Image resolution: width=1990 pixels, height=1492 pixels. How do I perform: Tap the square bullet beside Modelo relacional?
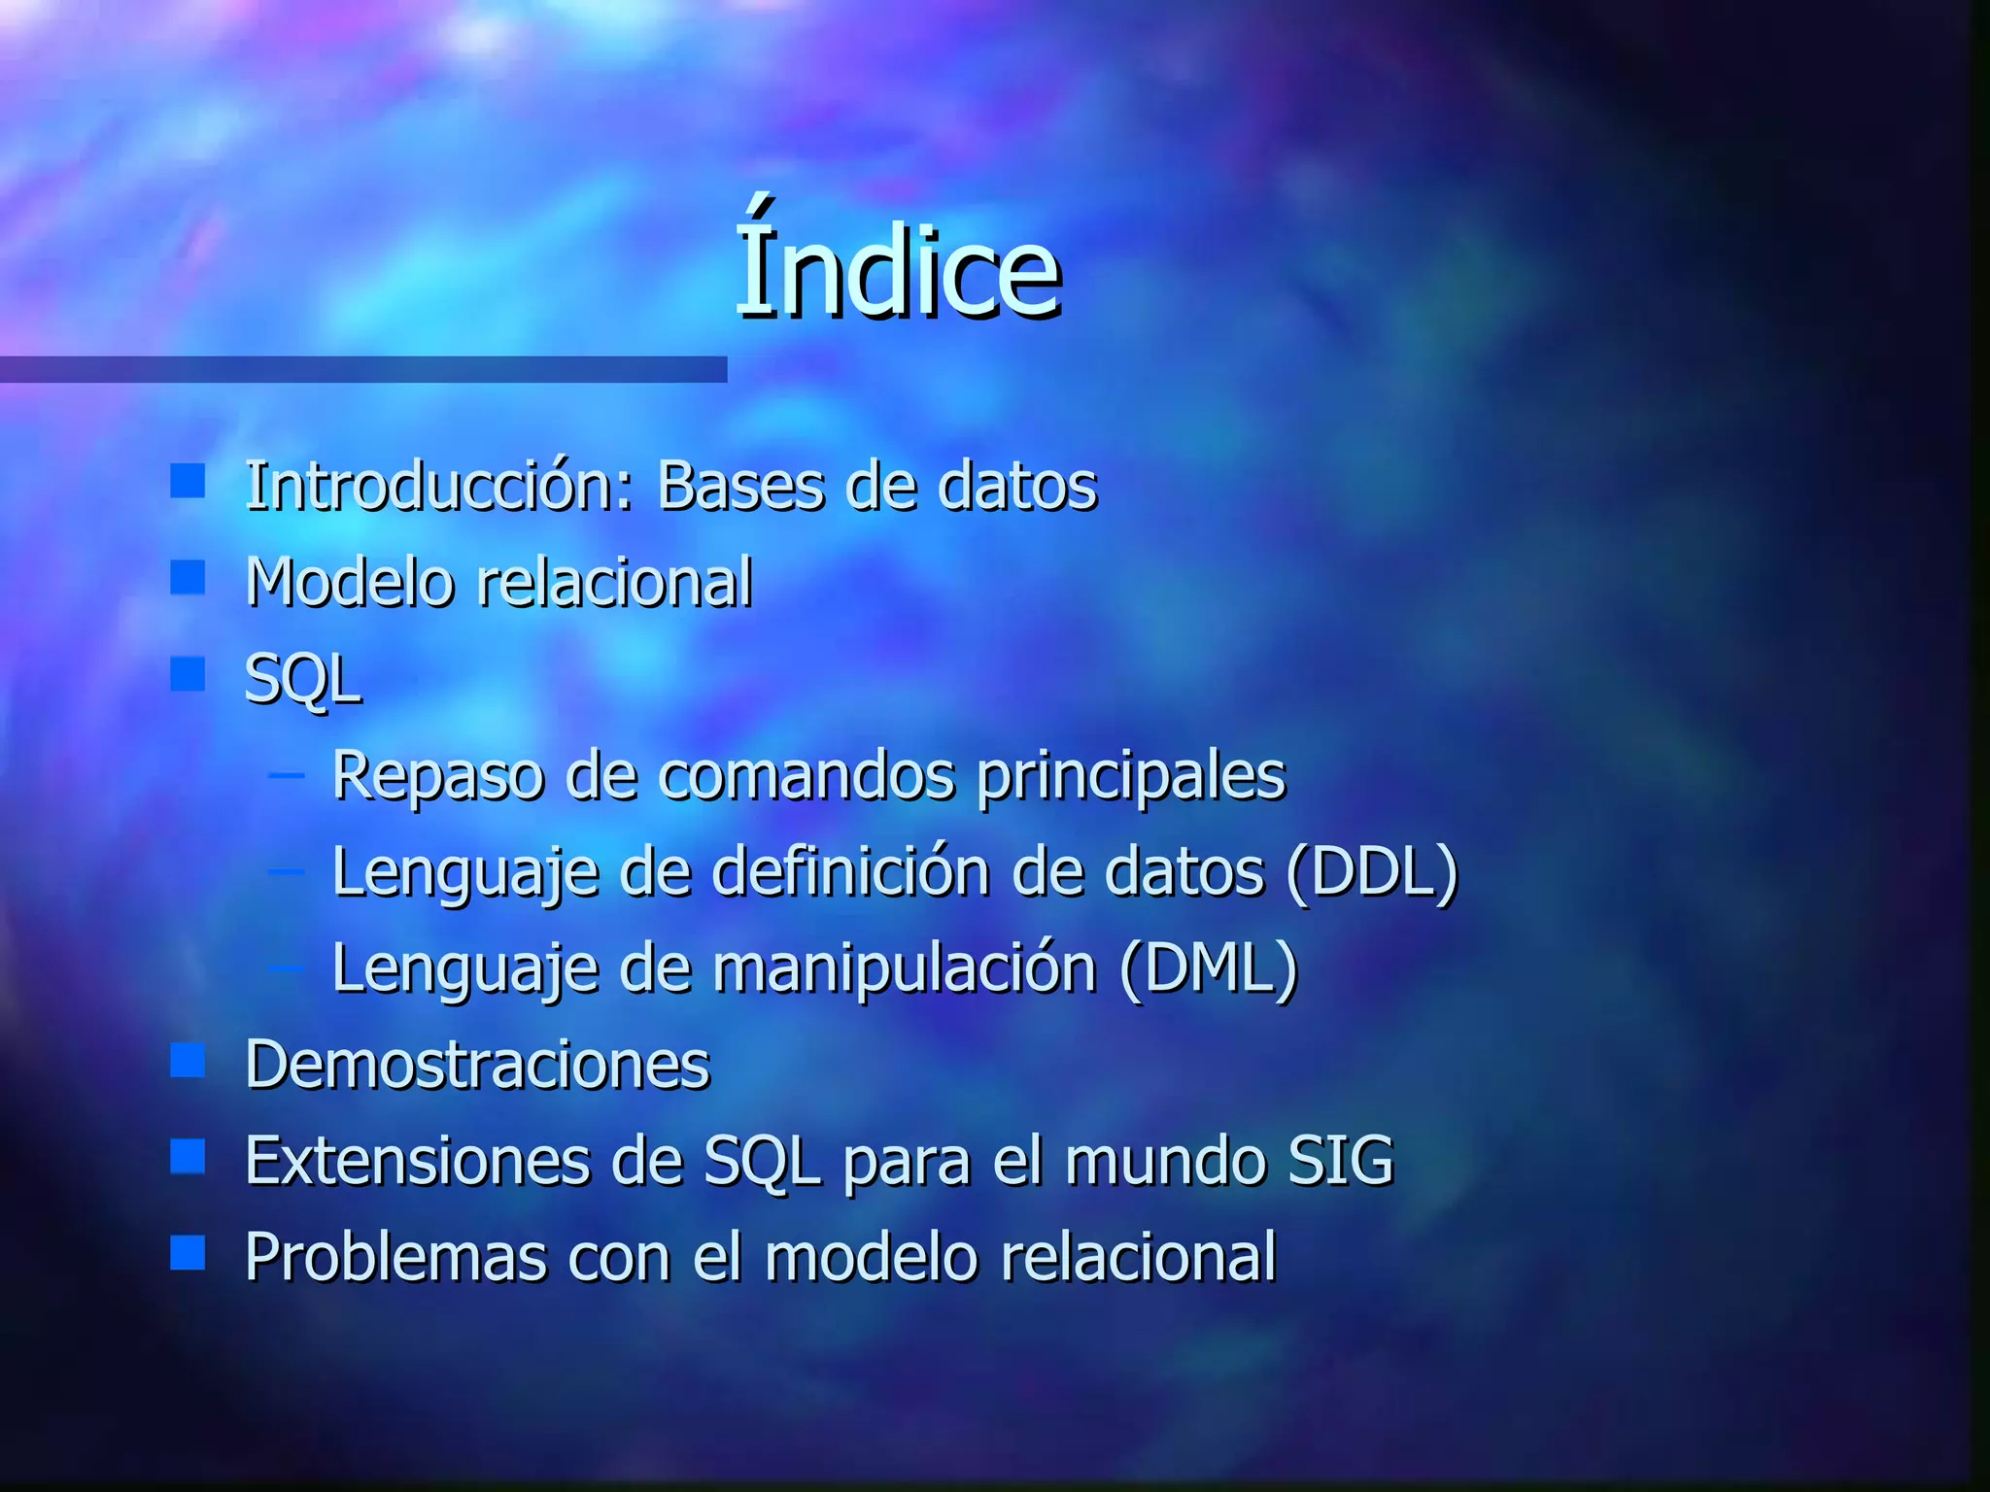click(x=188, y=577)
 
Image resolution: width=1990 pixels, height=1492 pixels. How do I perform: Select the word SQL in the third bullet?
click(x=302, y=679)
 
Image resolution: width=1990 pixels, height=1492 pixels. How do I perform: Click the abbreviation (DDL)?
click(x=1371, y=871)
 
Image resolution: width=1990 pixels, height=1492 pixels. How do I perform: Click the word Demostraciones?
click(x=477, y=1065)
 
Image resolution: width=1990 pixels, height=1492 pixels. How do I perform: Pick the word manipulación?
click(x=905, y=969)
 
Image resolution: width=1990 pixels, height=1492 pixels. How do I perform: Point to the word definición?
click(x=851, y=871)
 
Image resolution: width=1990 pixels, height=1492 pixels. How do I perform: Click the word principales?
click(x=1131, y=776)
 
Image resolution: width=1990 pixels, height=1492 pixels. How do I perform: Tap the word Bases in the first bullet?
click(x=738, y=485)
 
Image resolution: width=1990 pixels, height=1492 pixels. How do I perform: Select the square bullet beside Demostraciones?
click(x=188, y=1061)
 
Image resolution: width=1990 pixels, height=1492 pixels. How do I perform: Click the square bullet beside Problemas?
click(x=188, y=1253)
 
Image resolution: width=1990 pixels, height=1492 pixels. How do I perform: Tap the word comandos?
click(x=806, y=776)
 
